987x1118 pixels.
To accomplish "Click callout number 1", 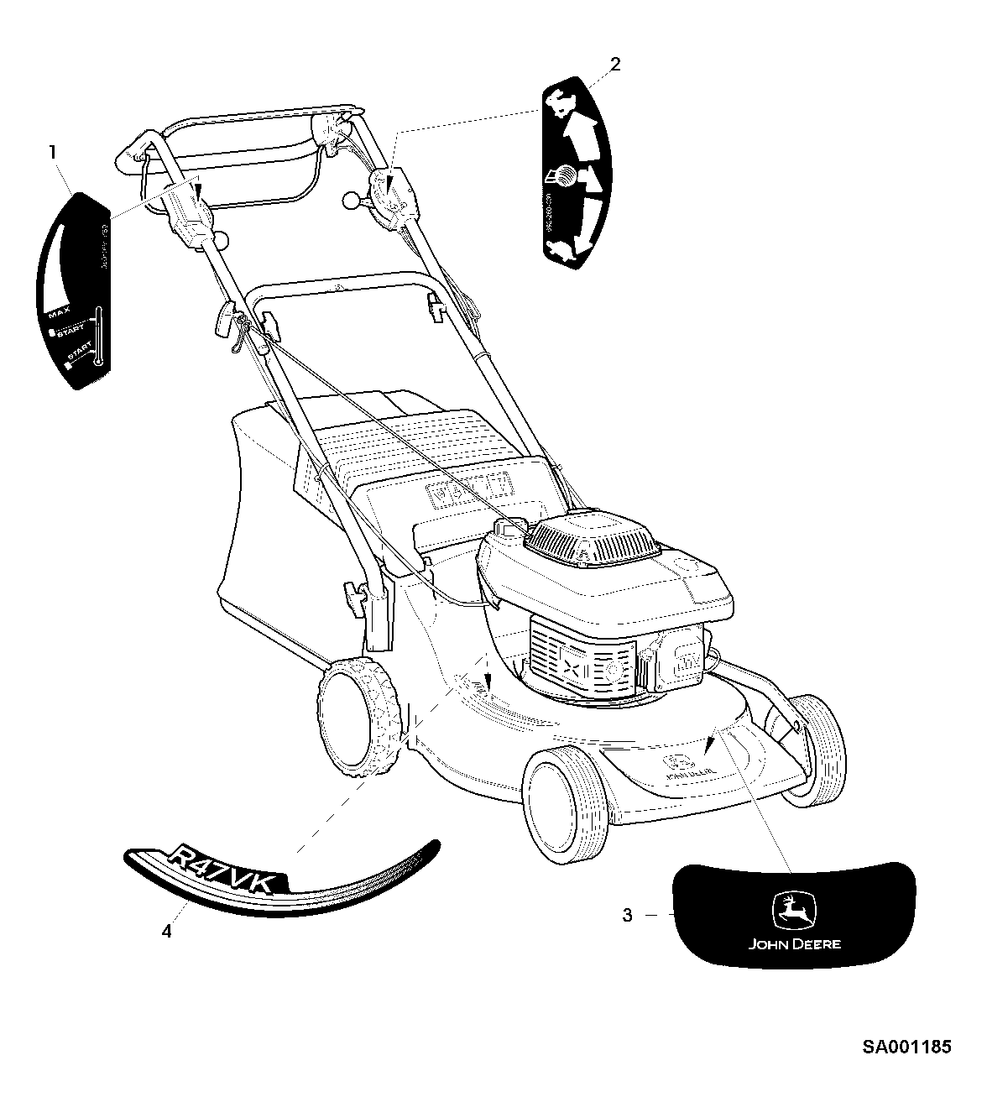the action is click(x=53, y=153).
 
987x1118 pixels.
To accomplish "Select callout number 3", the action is click(x=627, y=915).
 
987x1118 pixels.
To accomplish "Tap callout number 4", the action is click(x=167, y=932).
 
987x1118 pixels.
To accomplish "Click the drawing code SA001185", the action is click(x=906, y=1047).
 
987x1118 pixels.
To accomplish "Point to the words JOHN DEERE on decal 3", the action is click(x=794, y=943).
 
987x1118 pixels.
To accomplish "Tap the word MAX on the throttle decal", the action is click(x=59, y=315).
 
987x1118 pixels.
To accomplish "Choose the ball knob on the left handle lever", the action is click(x=222, y=241).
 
